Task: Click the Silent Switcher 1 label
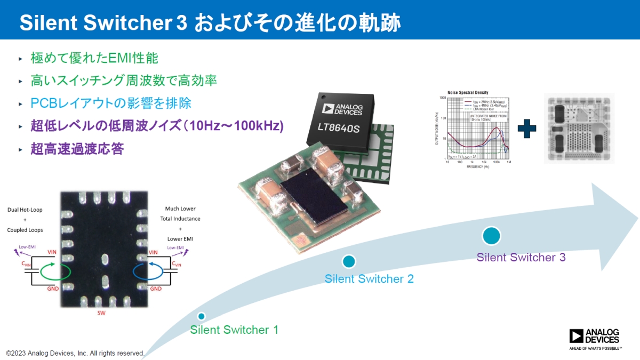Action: pos(234,330)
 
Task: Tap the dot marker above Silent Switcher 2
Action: pos(349,261)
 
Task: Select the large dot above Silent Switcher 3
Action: pos(491,235)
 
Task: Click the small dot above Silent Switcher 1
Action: pos(202,316)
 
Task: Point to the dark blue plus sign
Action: pos(526,129)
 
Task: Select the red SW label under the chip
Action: pos(101,313)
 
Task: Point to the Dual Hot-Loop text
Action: pos(25,210)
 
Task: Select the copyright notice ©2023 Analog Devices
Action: pos(75,353)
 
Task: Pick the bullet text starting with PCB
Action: pos(111,103)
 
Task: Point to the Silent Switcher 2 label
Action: pos(369,278)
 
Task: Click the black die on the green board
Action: pos(309,198)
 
